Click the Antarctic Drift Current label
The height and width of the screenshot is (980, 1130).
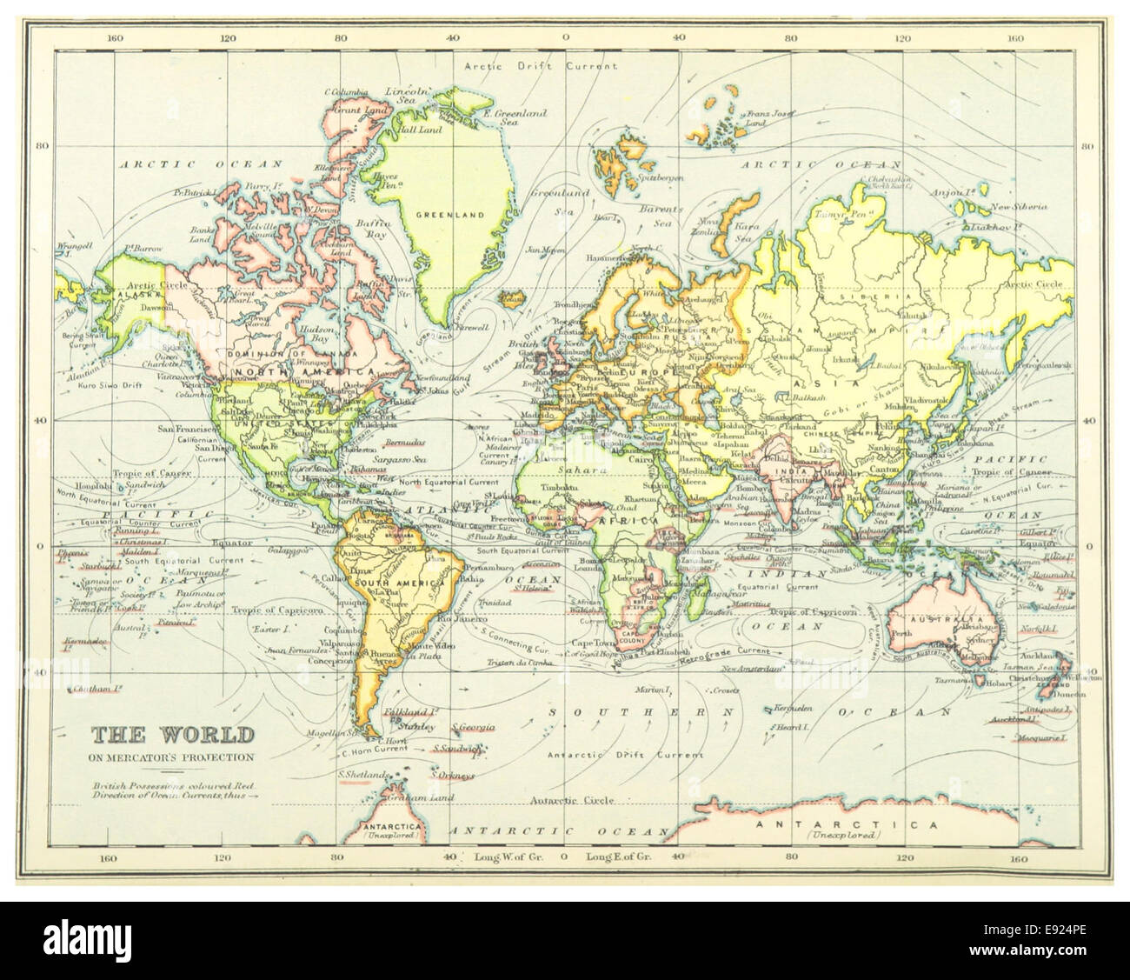coord(600,754)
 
